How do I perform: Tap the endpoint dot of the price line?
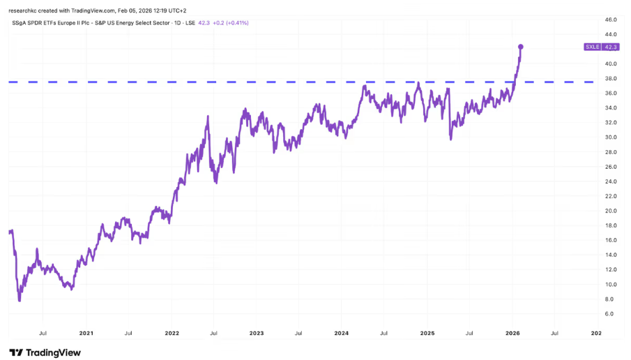(x=520, y=47)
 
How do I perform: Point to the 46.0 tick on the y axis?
(x=609, y=20)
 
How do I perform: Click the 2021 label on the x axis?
(x=86, y=333)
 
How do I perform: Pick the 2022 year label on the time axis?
(x=172, y=333)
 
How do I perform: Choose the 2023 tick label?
(x=257, y=333)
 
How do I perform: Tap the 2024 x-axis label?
(x=342, y=333)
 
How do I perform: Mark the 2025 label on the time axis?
(x=427, y=333)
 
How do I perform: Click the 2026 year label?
(x=512, y=333)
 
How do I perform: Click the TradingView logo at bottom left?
(x=45, y=352)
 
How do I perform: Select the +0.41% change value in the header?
(x=236, y=22)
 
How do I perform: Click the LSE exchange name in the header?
(x=188, y=22)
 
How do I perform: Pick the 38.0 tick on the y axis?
(x=609, y=78)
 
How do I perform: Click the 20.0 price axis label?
(x=609, y=211)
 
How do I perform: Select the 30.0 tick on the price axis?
(x=609, y=137)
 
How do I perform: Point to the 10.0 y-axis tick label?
(x=609, y=285)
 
